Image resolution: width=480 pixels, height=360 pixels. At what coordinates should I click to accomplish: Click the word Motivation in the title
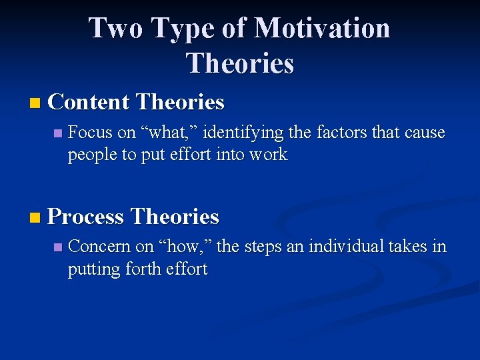[322, 29]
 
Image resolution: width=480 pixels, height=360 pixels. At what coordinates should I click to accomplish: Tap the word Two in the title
[115, 29]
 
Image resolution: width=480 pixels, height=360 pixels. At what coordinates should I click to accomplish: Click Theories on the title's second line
[240, 64]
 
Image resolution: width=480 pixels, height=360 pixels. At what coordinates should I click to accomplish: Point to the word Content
[89, 102]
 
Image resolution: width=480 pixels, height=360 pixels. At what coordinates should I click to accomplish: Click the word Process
[86, 217]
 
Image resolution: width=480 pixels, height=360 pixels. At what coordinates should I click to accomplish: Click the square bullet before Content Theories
[35, 103]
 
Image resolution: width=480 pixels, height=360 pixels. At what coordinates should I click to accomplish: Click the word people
[89, 155]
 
